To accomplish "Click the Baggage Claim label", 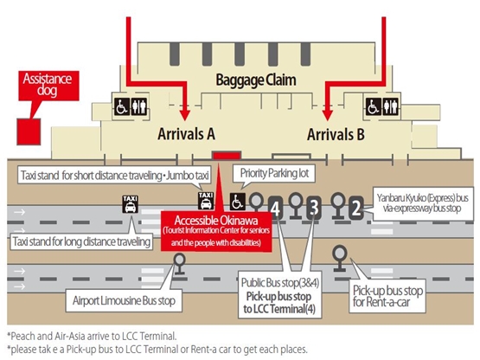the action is pos(256,80).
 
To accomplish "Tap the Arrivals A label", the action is pos(186,134).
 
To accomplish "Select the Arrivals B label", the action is pos(336,134).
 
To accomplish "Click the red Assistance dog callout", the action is pos(48,86).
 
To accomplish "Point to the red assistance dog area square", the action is pos(29,132).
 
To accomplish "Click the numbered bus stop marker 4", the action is pos(276,209).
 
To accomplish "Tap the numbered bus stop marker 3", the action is pos(314,208).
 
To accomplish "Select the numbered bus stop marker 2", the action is pos(356,208).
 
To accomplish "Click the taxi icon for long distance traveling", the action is pos(131,204).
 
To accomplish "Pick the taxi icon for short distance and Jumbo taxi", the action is pos(206,201).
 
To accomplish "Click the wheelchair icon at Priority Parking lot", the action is pos(238,202).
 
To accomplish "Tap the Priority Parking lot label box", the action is pos(274,173).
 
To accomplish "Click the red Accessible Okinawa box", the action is pos(216,231).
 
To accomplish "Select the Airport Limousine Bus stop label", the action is pos(124,300).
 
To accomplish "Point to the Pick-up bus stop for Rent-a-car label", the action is pos(387,296).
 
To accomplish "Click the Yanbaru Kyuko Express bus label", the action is pos(422,203).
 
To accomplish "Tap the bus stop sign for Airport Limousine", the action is pos(179,264).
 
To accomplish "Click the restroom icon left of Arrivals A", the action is pos(139,106).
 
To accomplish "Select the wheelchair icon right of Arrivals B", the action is pos(374,106).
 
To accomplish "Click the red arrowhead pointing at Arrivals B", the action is pos(328,114).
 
